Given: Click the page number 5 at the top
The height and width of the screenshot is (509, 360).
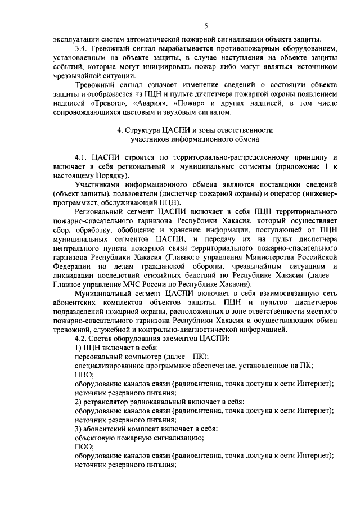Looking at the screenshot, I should (206, 26).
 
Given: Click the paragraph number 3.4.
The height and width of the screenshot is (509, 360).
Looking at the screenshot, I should (83, 48).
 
